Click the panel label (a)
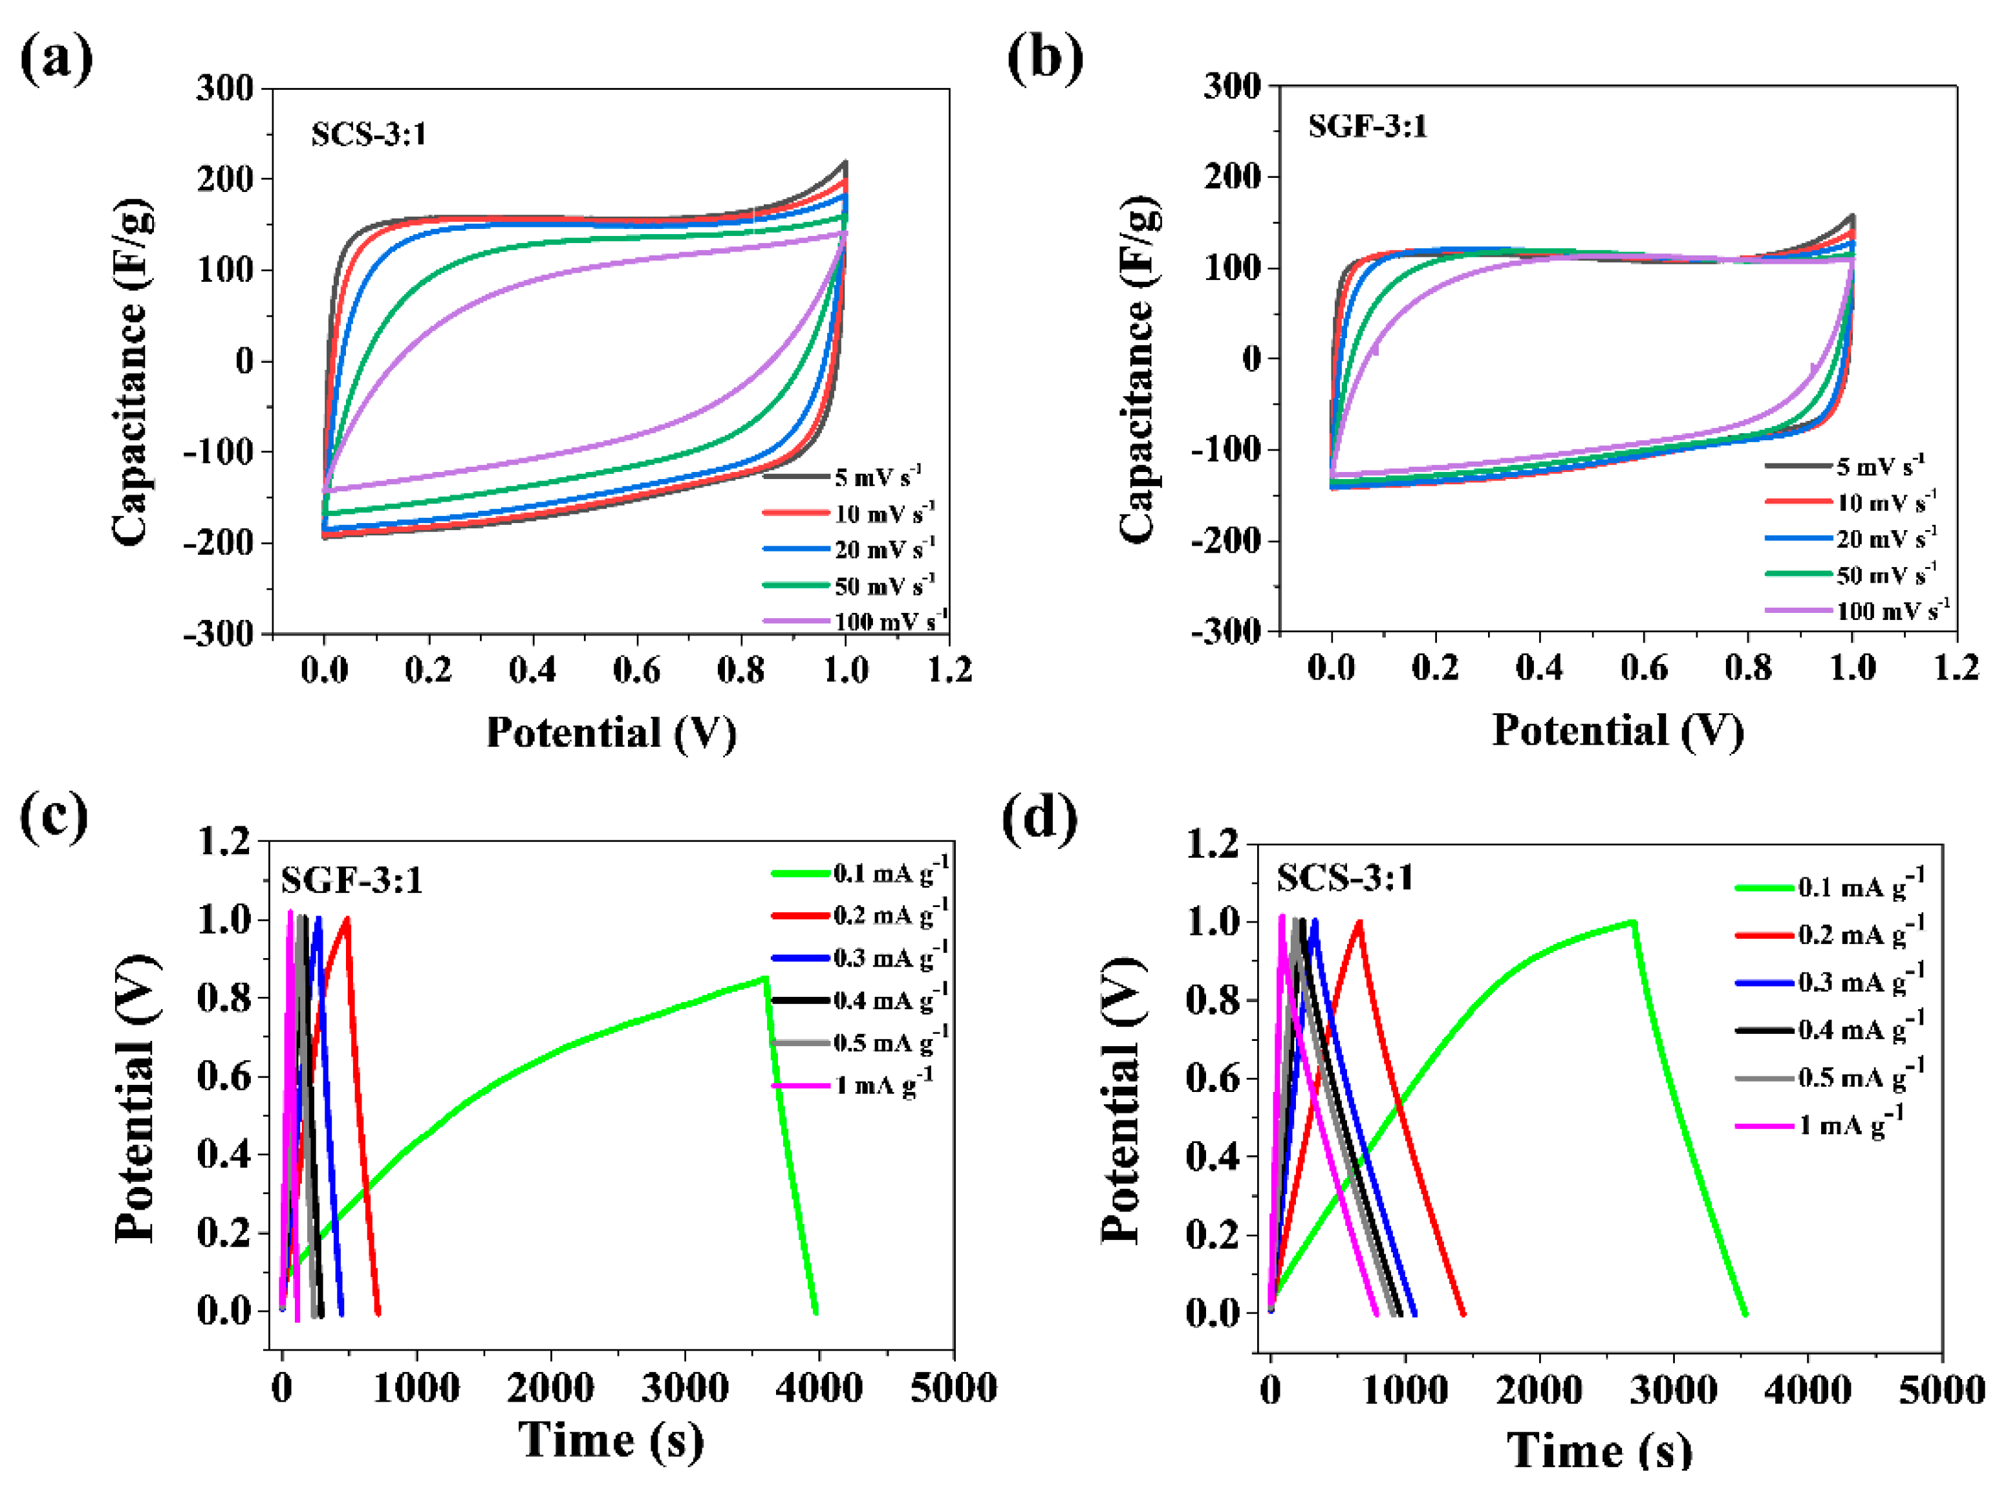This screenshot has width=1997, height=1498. tap(56, 59)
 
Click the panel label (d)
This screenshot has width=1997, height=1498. tap(1039, 819)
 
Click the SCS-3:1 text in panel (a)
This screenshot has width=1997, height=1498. tap(369, 134)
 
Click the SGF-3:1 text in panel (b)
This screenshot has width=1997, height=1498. tap(1367, 126)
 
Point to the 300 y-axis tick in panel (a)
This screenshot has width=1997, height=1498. tap(225, 89)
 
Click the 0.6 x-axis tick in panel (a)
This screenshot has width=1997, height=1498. tap(636, 670)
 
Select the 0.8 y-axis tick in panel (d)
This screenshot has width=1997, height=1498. tap(1215, 1000)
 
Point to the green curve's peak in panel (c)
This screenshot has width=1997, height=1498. tap(764, 978)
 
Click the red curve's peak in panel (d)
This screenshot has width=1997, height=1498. tap(1359, 922)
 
